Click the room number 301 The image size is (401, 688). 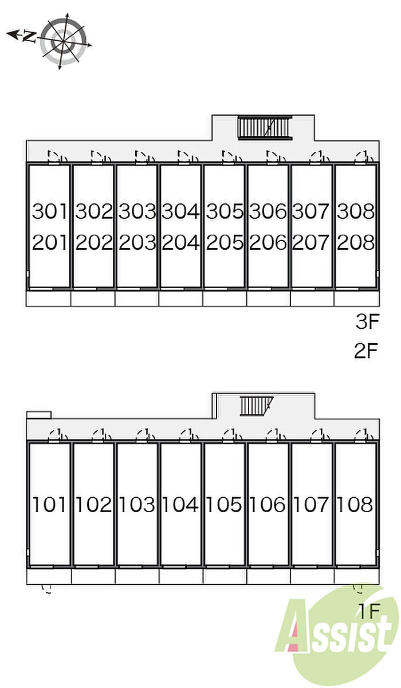point(50,211)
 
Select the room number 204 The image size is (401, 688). point(180,242)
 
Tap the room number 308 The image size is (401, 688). point(356,211)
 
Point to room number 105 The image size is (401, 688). point(224,504)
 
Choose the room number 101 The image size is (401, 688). point(49,504)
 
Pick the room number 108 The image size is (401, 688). point(355,504)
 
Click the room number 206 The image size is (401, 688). point(268,242)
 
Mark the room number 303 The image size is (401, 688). point(137,211)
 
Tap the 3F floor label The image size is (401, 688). point(367,321)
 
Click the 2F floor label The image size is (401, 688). point(365,351)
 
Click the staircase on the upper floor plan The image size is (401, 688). point(265,128)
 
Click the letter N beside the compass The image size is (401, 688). point(29,36)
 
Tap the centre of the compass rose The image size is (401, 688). point(63,41)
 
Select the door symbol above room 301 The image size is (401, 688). point(57,157)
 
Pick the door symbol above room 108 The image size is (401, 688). point(364,435)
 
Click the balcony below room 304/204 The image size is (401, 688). point(180,298)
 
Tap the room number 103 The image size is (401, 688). point(137,504)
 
